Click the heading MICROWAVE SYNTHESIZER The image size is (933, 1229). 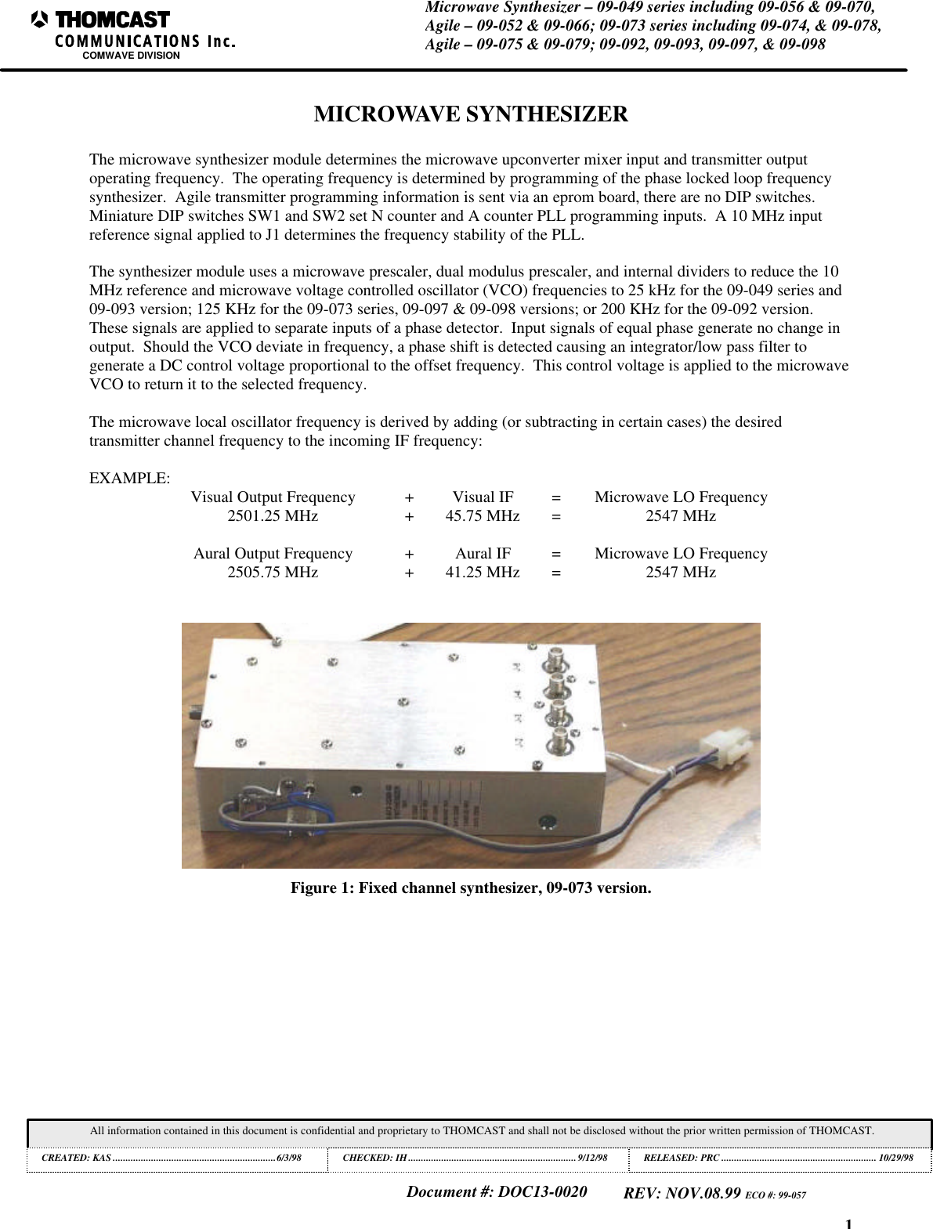(x=471, y=114)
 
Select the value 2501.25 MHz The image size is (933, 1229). (x=273, y=516)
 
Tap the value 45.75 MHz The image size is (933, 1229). (x=483, y=516)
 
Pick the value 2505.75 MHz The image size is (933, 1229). (x=273, y=573)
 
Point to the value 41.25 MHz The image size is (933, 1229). (x=483, y=573)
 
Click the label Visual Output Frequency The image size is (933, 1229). (x=273, y=497)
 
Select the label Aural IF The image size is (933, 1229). (x=483, y=554)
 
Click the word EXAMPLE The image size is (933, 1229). (x=129, y=479)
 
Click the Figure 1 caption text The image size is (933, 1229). (x=471, y=888)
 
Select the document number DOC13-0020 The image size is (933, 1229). (x=542, y=1192)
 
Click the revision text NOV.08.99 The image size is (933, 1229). (x=703, y=1194)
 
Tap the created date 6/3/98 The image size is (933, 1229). (x=289, y=1158)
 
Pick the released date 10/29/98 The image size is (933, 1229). (x=895, y=1158)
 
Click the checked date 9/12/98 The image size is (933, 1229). (x=592, y=1158)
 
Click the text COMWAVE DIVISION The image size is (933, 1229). (x=131, y=56)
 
